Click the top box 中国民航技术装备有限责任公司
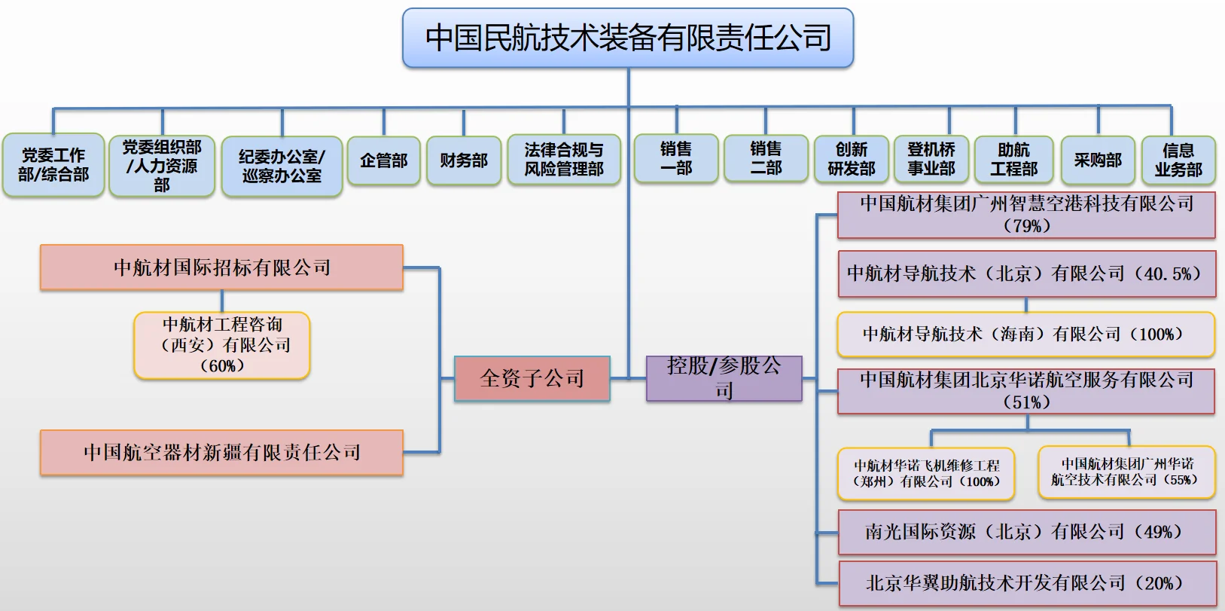pos(628,38)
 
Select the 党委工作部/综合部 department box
pos(53,165)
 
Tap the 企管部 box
pos(383,160)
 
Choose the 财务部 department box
pos(464,160)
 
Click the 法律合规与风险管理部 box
pos(564,160)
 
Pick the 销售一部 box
pos(676,159)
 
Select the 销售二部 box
pos(766,159)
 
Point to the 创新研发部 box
pos(852,160)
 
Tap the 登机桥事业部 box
pos(931,160)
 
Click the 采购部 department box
pos(1098,160)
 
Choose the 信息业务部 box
pos(1178,160)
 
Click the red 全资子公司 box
pos(532,378)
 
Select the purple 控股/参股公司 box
pos(724,378)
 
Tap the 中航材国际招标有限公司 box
pos(222,267)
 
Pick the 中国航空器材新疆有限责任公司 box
pos(222,452)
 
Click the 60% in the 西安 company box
pos(222,366)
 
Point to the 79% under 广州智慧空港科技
pos(1027,226)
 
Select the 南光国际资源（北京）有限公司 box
pos(1027,532)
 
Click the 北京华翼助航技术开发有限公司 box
pos(1027,582)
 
